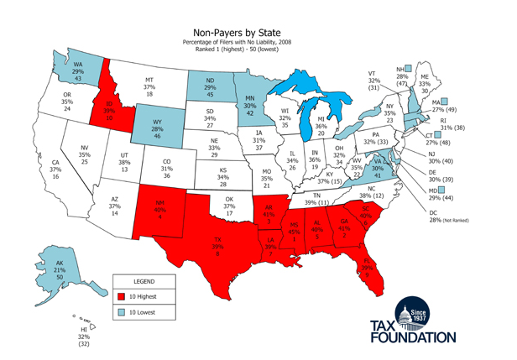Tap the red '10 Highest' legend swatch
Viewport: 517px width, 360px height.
(x=122, y=295)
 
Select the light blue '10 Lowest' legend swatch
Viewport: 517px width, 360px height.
(x=122, y=312)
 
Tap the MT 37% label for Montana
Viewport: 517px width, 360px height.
(x=149, y=86)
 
